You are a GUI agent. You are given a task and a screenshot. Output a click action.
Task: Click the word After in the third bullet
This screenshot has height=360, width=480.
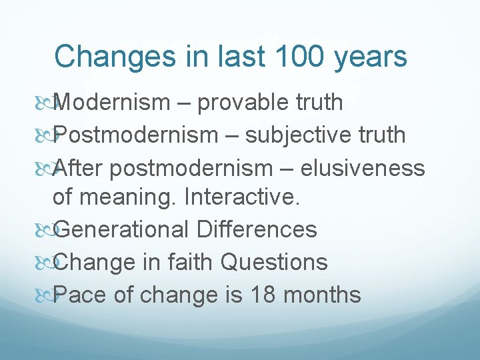(78, 168)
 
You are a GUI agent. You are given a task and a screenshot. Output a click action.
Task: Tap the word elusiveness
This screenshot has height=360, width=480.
(363, 168)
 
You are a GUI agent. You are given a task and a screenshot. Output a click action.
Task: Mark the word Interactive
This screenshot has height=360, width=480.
(243, 197)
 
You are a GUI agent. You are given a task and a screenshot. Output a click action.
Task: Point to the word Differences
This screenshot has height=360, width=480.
(257, 229)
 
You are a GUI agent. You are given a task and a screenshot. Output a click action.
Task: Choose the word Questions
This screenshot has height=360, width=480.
(274, 262)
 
